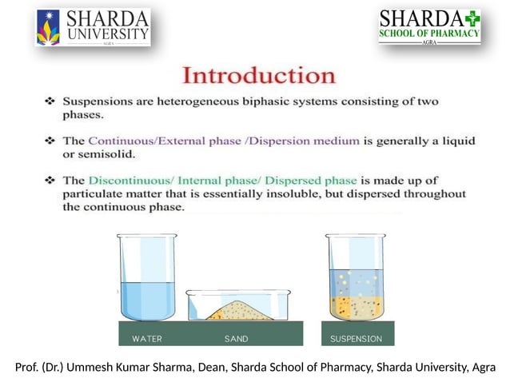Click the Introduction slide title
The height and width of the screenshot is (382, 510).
click(x=259, y=76)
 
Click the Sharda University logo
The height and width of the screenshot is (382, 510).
click(x=93, y=27)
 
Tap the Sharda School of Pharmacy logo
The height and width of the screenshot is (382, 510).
click(x=429, y=26)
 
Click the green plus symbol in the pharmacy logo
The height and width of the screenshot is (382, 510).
click(x=472, y=18)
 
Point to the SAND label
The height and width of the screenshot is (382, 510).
click(x=236, y=339)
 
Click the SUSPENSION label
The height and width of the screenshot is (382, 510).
click(x=356, y=339)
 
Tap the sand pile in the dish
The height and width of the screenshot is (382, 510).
click(x=236, y=310)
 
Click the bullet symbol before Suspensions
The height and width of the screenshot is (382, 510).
click(x=50, y=103)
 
